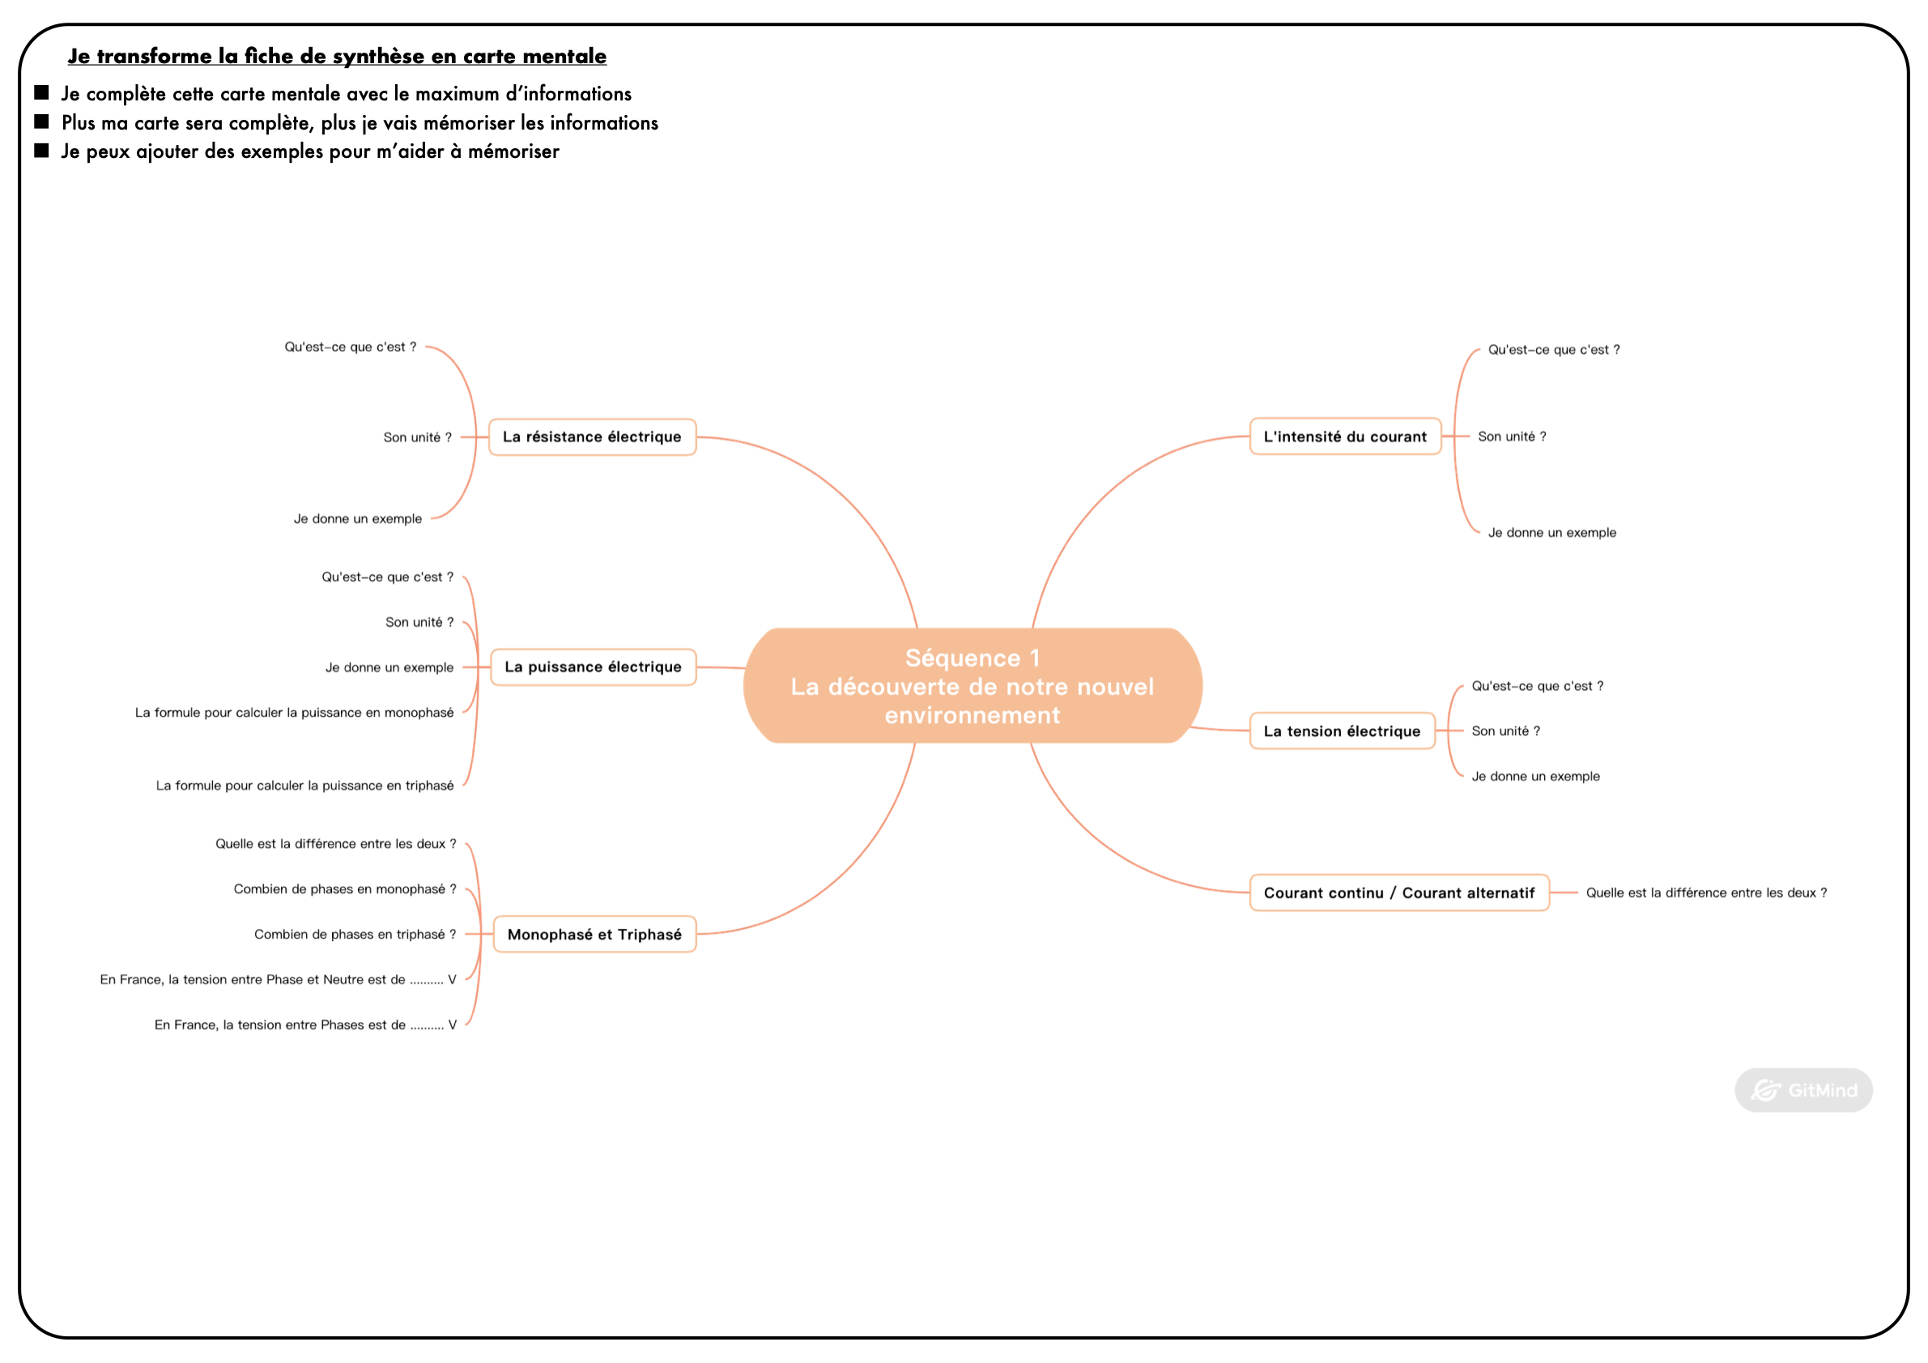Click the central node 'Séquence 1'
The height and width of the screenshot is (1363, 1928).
(973, 685)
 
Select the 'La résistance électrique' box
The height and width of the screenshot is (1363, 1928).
(592, 437)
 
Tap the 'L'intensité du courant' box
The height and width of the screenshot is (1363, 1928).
(1345, 436)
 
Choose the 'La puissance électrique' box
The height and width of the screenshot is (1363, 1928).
(593, 667)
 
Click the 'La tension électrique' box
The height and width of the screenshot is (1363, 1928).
(1342, 730)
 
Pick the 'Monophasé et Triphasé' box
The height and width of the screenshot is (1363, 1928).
(594, 934)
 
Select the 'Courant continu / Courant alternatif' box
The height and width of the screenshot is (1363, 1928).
(1399, 892)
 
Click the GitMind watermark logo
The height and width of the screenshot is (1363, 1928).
(1804, 1090)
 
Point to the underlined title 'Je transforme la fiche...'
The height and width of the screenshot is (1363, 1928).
(337, 56)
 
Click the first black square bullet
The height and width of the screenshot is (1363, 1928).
(41, 92)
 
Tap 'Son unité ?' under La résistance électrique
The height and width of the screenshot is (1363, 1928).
(417, 437)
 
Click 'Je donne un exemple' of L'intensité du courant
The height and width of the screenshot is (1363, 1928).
(1551, 532)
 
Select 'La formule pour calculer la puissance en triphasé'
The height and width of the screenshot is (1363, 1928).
(304, 786)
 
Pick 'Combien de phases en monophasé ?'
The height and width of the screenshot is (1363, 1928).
(345, 889)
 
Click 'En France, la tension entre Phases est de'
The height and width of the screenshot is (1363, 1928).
(305, 1025)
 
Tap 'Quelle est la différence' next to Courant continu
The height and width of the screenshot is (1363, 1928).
(1706, 892)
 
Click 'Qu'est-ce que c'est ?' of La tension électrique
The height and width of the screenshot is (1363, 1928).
(1538, 686)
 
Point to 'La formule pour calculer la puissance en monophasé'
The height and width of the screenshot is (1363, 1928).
(294, 713)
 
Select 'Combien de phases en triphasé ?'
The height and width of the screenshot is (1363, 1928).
(355, 935)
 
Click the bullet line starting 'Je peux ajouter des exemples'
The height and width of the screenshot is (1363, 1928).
(310, 151)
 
